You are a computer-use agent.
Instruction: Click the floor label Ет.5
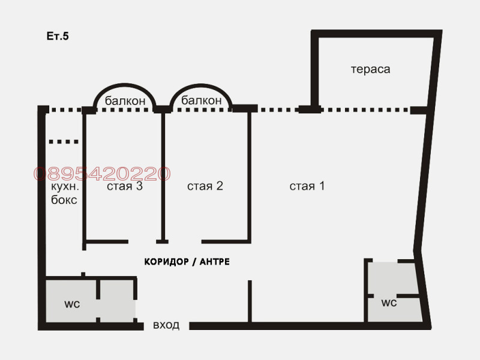coord(58,37)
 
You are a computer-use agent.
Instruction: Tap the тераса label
coord(370,69)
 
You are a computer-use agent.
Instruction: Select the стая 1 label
coord(307,186)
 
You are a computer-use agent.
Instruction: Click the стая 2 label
coord(205,186)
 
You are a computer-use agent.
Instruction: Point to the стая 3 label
coord(125,186)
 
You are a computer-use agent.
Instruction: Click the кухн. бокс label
coord(64,193)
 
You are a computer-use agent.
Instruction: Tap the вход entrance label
coord(166,325)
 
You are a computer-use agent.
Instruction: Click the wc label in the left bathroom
coord(72,304)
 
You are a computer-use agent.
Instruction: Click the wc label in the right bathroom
coord(389,303)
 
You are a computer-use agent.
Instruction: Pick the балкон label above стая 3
coord(125,101)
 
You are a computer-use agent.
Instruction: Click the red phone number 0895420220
coord(102,174)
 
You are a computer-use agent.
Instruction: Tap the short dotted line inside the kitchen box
coord(64,142)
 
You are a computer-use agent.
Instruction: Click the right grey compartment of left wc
coord(117,300)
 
